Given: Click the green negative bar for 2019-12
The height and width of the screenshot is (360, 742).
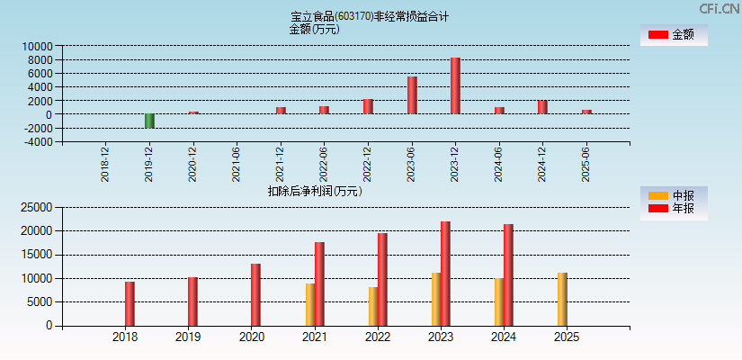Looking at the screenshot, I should (149, 121).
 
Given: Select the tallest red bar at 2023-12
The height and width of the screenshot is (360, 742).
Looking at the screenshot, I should (455, 85).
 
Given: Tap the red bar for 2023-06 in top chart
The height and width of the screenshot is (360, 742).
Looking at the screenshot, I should (412, 94).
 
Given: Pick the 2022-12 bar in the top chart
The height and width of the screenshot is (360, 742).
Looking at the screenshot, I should (368, 106).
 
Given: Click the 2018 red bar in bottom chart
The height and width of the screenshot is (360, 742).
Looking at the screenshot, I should (130, 303).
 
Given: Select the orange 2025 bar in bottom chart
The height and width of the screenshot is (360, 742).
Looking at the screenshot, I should (562, 299).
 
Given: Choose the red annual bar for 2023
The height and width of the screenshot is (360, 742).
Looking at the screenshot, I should (445, 274).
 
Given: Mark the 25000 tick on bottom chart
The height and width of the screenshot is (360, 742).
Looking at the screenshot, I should (36, 207).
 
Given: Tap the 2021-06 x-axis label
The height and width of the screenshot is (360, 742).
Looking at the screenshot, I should (236, 165).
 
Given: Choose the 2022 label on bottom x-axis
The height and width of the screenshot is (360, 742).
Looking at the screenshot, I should (377, 337).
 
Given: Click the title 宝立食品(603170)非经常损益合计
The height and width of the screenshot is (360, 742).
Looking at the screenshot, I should (370, 16).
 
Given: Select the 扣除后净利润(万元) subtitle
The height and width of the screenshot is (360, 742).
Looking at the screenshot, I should (315, 191).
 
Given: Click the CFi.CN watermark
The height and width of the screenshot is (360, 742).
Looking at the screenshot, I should (720, 8).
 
